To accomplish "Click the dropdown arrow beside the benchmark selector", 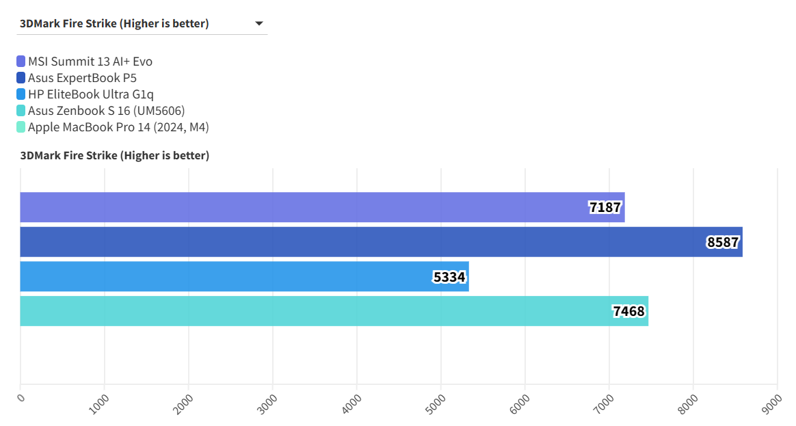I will pyautogui.click(x=259, y=24).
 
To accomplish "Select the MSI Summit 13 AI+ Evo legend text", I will pyautogui.click(x=90, y=62).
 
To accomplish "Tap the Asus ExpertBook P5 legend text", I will pyautogui.click(x=82, y=78).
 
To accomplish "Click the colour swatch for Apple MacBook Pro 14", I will pyautogui.click(x=21, y=127).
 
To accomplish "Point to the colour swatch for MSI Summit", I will pyautogui.click(x=21, y=62).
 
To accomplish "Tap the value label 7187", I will pyautogui.click(x=605, y=207).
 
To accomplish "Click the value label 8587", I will pyautogui.click(x=723, y=242).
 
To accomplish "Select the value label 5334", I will pyautogui.click(x=449, y=277).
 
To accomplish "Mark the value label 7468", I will pyautogui.click(x=628, y=312).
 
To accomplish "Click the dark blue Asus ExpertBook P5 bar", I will pyautogui.click(x=342, y=242).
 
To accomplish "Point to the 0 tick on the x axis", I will pyautogui.click(x=21, y=397).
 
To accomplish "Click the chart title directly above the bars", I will pyautogui.click(x=115, y=156).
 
